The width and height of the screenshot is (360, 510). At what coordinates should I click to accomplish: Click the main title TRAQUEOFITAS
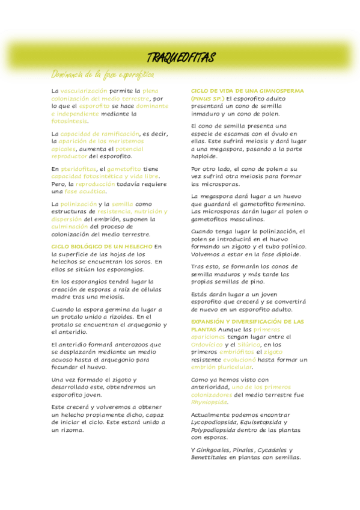181,58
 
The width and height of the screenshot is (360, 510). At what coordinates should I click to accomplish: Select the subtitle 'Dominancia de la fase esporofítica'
102,75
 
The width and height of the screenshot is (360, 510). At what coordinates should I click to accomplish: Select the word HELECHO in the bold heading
136,247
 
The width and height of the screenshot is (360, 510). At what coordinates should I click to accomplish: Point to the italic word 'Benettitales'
209,457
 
